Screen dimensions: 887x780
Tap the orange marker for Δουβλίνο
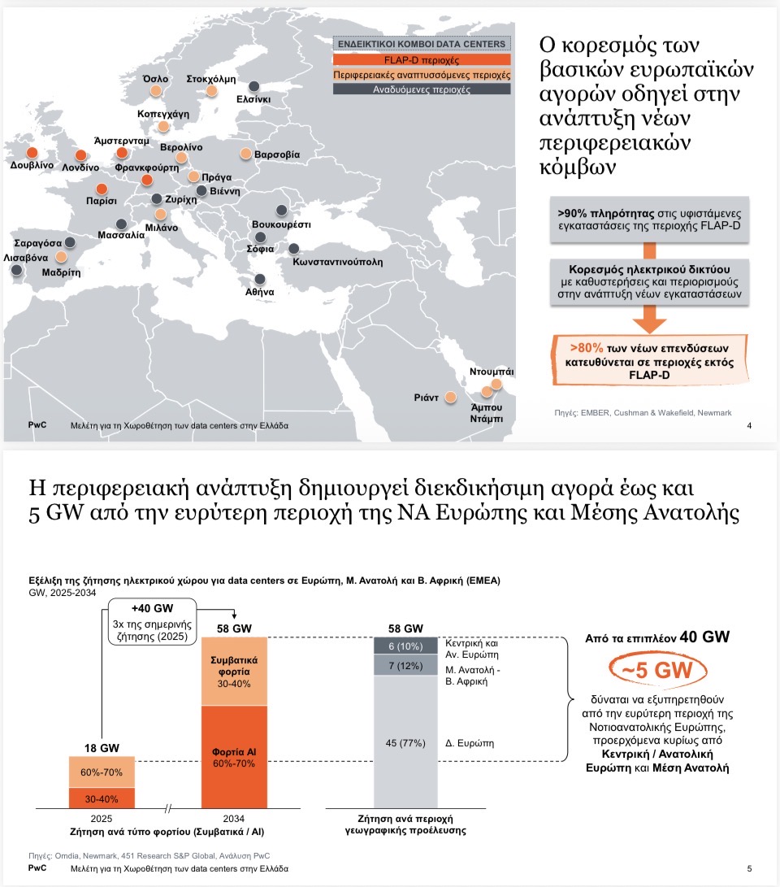coord(32,152)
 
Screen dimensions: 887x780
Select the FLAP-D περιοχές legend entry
coord(422,59)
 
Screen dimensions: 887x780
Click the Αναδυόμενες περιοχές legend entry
coord(422,89)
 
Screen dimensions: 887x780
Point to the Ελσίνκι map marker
coord(254,86)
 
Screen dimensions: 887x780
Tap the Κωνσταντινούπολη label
coord(340,263)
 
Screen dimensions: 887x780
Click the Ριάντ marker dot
coord(450,398)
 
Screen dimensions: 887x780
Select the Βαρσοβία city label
coord(277,154)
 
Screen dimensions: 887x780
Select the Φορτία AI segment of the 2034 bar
coord(234,756)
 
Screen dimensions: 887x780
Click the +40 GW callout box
coord(153,623)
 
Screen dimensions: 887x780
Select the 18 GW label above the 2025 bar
coord(102,748)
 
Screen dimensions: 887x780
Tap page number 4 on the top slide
coord(748,426)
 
